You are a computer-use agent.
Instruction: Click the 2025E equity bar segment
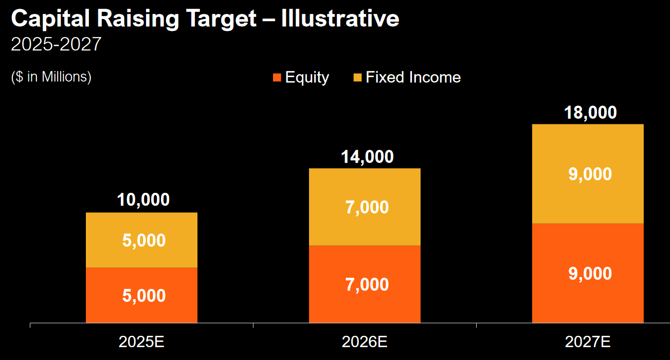pyautogui.click(x=141, y=295)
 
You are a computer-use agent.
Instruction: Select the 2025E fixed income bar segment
pyautogui.click(x=141, y=240)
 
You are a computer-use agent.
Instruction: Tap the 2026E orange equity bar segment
pyautogui.click(x=365, y=284)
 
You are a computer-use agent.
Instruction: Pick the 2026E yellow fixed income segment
pyautogui.click(x=365, y=207)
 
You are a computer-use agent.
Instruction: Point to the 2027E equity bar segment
pyautogui.click(x=588, y=273)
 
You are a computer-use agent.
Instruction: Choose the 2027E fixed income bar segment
pyautogui.click(x=588, y=174)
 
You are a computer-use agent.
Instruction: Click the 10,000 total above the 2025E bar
pyautogui.click(x=143, y=200)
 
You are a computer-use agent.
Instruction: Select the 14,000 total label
pyautogui.click(x=367, y=156)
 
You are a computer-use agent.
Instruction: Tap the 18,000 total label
pyautogui.click(x=590, y=112)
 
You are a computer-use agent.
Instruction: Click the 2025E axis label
pyautogui.click(x=141, y=342)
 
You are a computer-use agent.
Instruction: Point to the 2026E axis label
pyautogui.click(x=365, y=342)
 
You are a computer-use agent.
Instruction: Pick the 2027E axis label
pyautogui.click(x=588, y=342)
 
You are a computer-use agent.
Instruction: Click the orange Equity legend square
pyautogui.click(x=277, y=78)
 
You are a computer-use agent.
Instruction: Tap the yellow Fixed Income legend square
pyautogui.click(x=357, y=78)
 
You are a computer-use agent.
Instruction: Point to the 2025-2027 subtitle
pyautogui.click(x=56, y=45)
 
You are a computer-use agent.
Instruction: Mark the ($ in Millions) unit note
pyautogui.click(x=51, y=77)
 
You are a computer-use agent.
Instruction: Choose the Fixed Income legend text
pyautogui.click(x=413, y=78)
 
